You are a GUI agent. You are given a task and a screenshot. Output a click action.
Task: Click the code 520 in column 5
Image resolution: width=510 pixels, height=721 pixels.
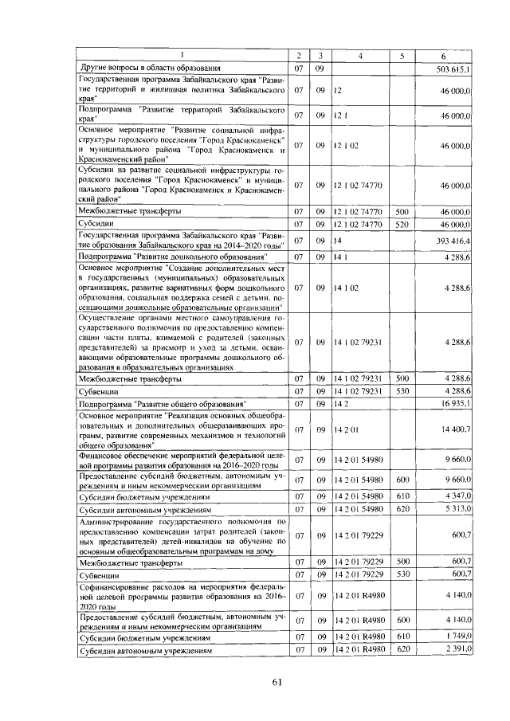coord(402,226)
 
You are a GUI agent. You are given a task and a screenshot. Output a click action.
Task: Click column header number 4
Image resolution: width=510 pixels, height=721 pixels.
coord(359,56)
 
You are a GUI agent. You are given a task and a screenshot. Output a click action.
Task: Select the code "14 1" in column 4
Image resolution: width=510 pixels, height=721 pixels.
coord(341,257)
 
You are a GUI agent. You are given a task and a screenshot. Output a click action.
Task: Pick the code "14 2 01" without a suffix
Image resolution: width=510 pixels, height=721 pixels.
coord(347,430)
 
